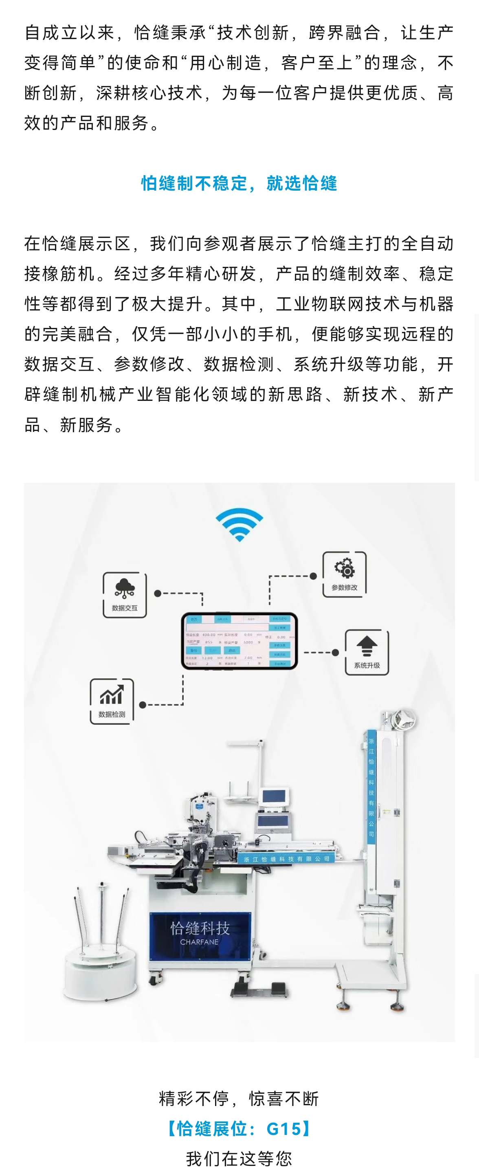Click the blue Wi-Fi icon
(x=239, y=524)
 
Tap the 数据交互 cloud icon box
(x=125, y=595)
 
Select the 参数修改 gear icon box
(x=344, y=574)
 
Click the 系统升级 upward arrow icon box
(x=367, y=652)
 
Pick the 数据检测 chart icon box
(x=112, y=701)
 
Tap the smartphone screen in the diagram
(x=239, y=641)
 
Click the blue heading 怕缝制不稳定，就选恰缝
(x=239, y=183)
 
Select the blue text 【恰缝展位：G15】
(x=239, y=1129)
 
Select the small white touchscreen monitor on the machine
(x=274, y=797)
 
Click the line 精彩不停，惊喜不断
(x=239, y=1098)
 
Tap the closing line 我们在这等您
(x=239, y=1158)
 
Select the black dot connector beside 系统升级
(x=335, y=653)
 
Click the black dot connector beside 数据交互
(x=158, y=593)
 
